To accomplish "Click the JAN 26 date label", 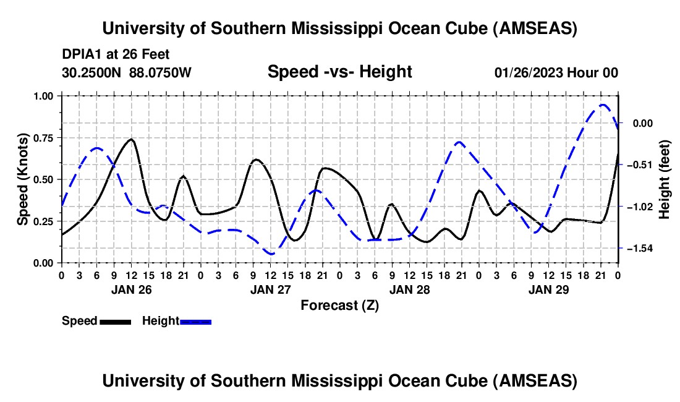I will (131, 289).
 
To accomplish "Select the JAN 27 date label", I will (270, 289).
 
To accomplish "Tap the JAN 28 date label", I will (409, 289).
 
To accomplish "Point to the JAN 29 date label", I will (548, 289).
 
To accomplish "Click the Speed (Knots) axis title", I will (23, 179).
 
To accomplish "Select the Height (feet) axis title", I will (665, 179).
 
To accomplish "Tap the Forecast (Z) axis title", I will (339, 305).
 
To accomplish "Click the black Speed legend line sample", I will (115, 322).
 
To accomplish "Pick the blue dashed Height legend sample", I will (196, 322).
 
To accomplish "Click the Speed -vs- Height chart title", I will (339, 72).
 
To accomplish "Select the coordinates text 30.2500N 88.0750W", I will (127, 73).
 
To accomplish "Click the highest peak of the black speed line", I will (131, 139).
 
